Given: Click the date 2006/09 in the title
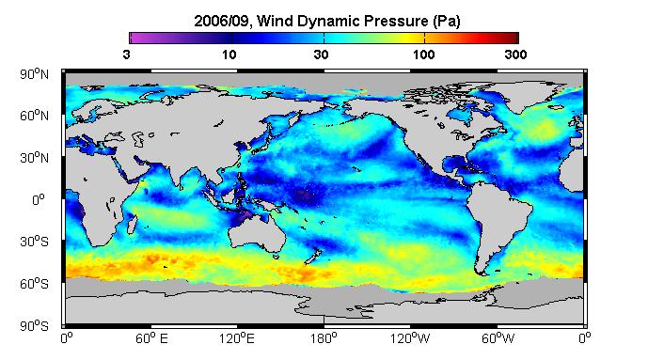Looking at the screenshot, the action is coord(222,21).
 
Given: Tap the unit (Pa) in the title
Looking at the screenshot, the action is coord(447,21).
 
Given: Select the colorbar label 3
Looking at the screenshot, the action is coord(126,55).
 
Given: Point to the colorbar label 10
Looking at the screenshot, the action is coord(229,55).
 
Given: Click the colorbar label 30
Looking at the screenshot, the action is coord(321,55).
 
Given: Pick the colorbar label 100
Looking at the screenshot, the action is coord(423,55).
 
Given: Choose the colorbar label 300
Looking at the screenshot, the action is coord(515,55).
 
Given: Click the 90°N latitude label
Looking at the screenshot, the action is coord(34,74).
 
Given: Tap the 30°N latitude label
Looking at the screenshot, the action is coord(34,158).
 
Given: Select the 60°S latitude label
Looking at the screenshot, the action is coord(34,284).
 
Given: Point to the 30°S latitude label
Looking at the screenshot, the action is coord(34,242).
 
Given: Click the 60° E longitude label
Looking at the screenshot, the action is coord(151,338).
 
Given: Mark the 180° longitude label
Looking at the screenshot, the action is coord(324,338).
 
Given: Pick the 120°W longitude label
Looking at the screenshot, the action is coord(410,338).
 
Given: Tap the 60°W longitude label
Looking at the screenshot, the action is coord(498,338).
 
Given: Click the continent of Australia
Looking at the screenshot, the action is coord(259,234).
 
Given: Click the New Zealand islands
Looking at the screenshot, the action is coord(313,256).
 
